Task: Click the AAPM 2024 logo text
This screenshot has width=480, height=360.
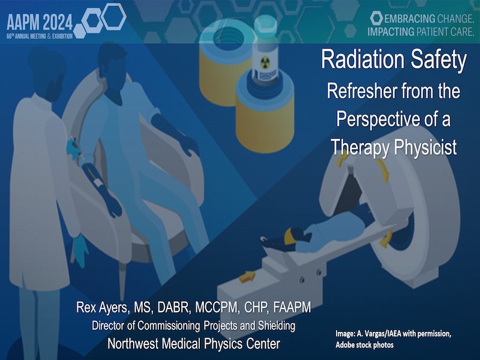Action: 40,22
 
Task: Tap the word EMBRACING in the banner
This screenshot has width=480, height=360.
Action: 410,19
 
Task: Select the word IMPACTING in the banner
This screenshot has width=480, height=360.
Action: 391,32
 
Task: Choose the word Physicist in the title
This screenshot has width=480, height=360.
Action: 425,147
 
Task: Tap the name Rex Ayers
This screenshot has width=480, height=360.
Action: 101,308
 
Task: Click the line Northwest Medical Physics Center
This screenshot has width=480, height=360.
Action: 193,344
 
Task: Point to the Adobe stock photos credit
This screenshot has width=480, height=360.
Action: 365,345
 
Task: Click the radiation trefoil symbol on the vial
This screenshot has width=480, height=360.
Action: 265,63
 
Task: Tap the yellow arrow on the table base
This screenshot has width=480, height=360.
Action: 247,277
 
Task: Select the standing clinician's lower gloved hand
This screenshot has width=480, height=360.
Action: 80,250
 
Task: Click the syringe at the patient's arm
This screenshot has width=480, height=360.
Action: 77,149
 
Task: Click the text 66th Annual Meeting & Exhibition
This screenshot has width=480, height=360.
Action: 40,37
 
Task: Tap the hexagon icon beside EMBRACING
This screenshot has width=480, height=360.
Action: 376,19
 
